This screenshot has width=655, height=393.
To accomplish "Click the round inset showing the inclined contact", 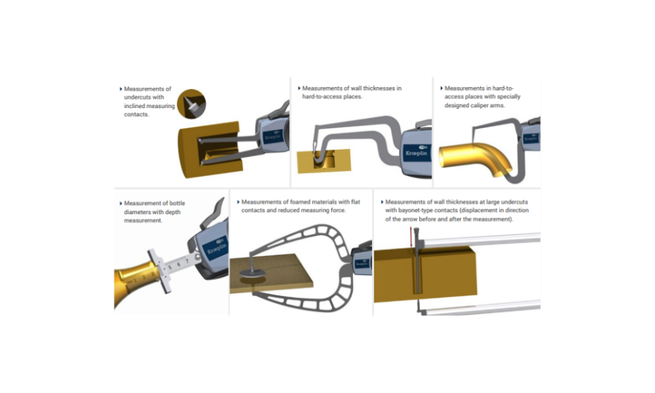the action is coord(192,104).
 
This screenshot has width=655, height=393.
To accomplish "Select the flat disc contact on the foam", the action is coord(252,273).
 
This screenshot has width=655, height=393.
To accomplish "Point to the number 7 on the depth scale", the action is coord(187,262).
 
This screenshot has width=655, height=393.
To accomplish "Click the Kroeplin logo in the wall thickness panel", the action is coord(416,152).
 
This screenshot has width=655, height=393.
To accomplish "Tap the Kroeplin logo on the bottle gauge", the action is coord(217,247).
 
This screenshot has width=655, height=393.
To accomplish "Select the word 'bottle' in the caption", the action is coord(177,204).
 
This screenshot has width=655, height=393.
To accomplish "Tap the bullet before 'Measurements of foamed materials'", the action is coord(238,201).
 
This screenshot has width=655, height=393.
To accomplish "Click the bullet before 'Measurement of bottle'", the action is coord(121,204).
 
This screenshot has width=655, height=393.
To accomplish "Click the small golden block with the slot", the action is coord(324,161).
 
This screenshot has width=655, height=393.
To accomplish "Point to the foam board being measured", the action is coord(271,274).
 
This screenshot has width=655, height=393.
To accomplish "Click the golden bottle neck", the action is coord(137,282).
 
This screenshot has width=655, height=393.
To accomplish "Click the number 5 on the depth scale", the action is coord(170,267).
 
